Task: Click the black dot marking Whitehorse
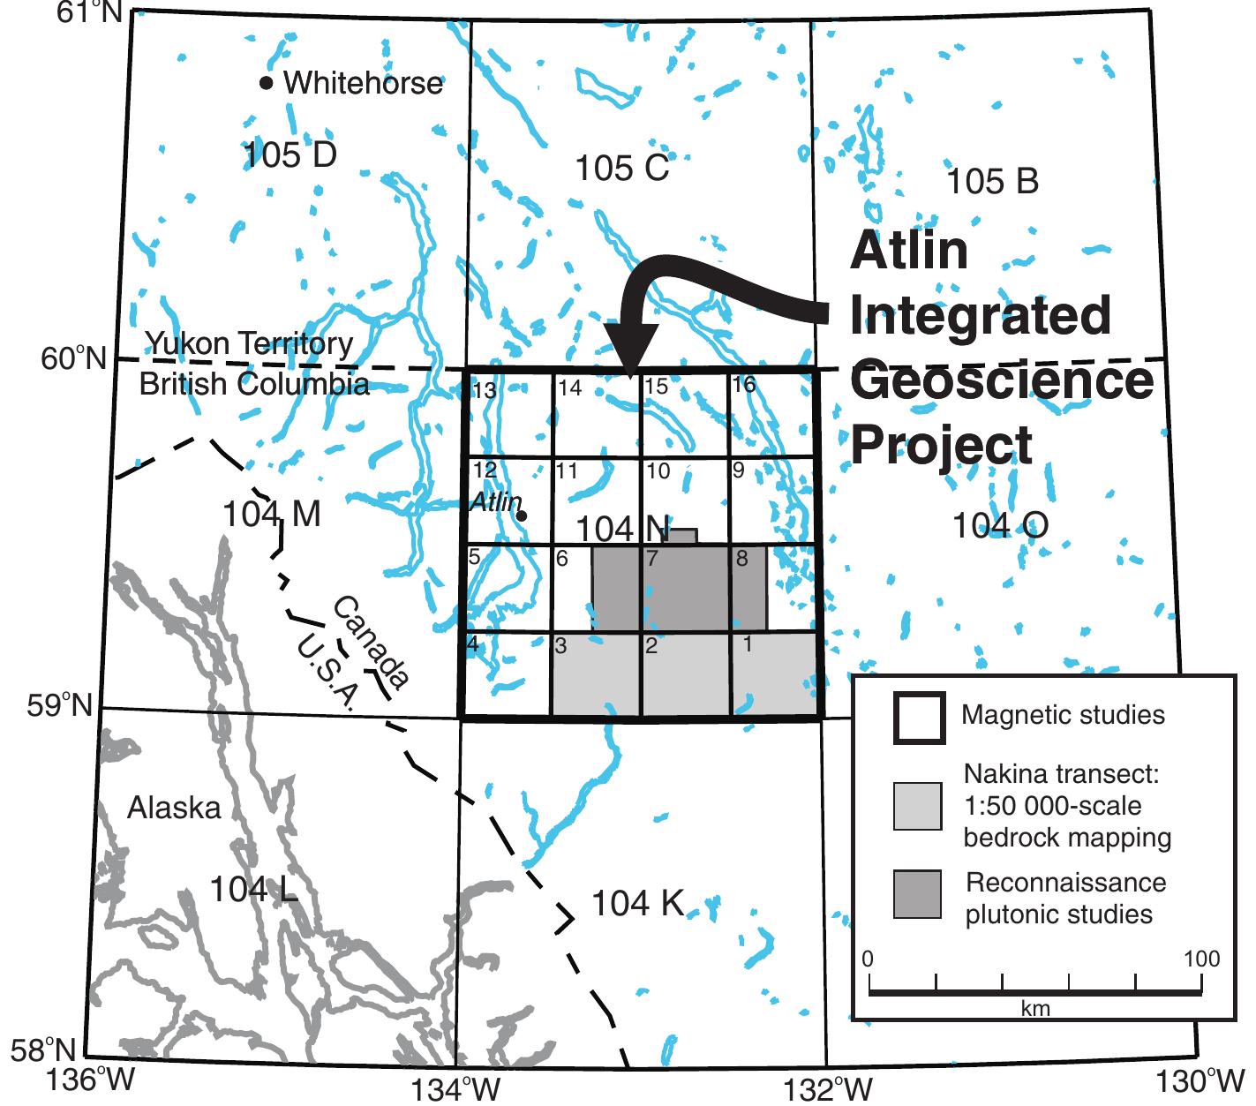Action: tap(266, 83)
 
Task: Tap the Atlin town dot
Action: tap(522, 515)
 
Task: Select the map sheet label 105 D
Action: tap(290, 155)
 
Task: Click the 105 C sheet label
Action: tap(621, 168)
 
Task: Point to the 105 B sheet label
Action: tap(992, 182)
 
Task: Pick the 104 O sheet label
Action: tap(1000, 526)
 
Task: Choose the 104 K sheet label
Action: tap(636, 904)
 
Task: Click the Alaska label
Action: tap(173, 808)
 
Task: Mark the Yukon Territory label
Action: tap(250, 343)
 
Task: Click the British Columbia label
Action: tap(254, 385)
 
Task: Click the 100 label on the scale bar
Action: tap(1201, 959)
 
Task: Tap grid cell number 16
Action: tap(744, 385)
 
